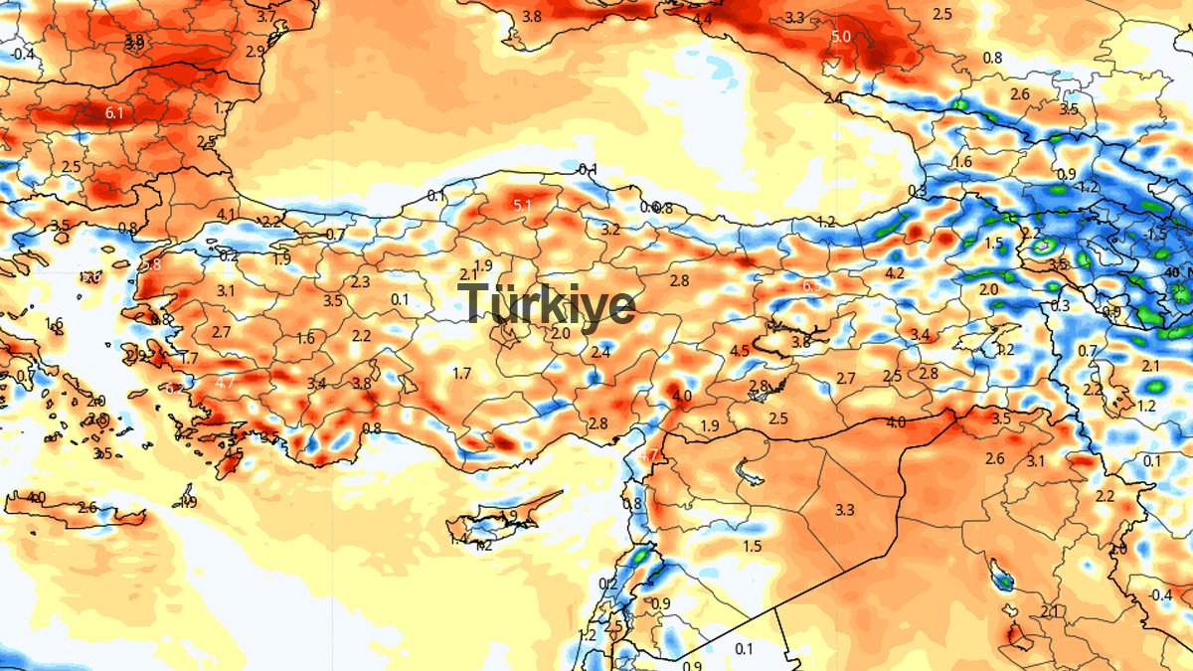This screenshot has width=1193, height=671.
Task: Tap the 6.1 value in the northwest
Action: click(x=114, y=114)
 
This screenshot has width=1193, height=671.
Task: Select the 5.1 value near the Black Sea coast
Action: click(x=523, y=206)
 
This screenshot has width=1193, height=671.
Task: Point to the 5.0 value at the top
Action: click(x=841, y=37)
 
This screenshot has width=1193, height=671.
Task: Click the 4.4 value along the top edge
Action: click(x=703, y=19)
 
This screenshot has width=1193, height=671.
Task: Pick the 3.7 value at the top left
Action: click(x=266, y=17)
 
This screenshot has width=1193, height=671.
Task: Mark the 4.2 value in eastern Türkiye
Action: click(x=895, y=273)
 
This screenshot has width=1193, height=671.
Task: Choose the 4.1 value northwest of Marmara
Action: click(x=227, y=215)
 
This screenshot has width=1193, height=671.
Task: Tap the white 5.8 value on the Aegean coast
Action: click(x=151, y=265)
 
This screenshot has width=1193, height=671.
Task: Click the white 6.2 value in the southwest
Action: click(x=176, y=388)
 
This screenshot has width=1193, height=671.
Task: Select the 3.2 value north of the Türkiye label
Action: click(x=611, y=230)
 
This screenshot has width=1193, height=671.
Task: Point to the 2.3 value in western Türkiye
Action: click(x=360, y=282)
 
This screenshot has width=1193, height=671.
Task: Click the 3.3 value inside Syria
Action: click(x=845, y=511)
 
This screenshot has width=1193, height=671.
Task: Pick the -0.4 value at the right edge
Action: click(x=1160, y=595)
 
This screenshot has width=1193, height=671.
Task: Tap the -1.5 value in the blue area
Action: click(x=1156, y=235)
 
